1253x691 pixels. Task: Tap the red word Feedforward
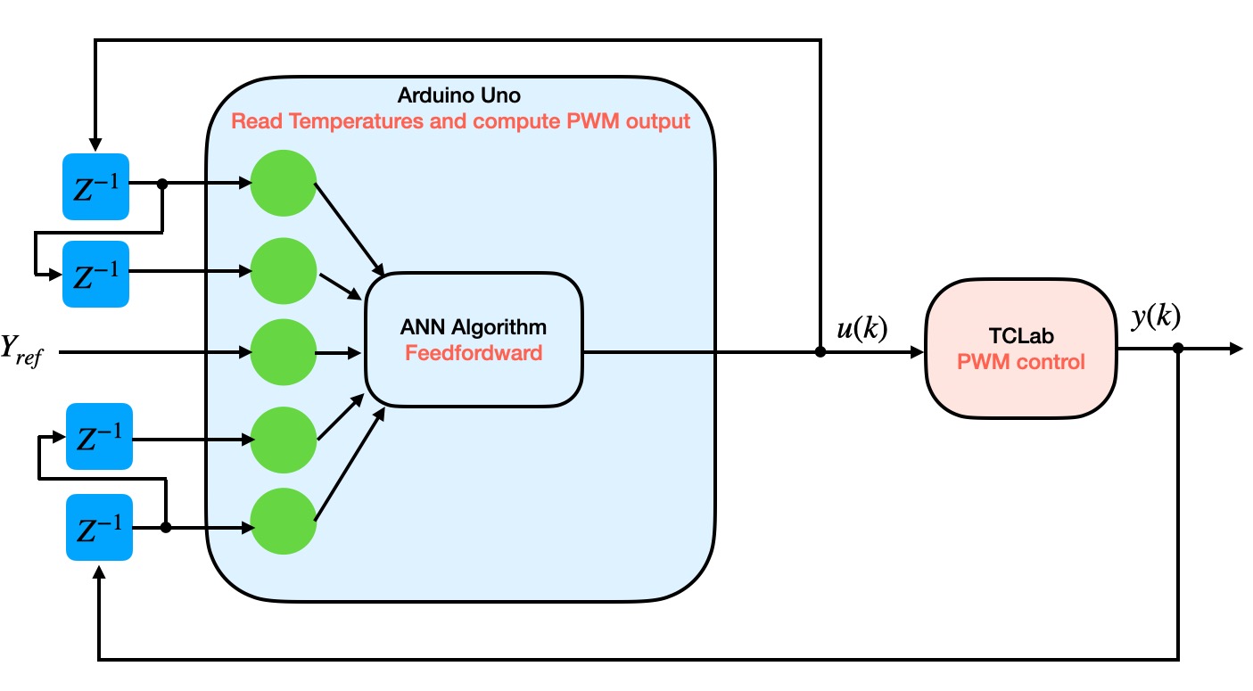click(x=474, y=353)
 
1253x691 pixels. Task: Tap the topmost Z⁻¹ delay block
click(x=95, y=185)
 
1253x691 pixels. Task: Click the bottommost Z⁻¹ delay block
click(x=99, y=528)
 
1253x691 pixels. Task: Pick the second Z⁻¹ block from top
click(x=95, y=273)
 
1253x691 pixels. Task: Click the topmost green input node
click(x=284, y=184)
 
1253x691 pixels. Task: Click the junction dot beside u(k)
click(x=820, y=352)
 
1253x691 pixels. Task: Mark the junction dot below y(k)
click(x=1178, y=349)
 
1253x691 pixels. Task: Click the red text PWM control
click(x=1021, y=363)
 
